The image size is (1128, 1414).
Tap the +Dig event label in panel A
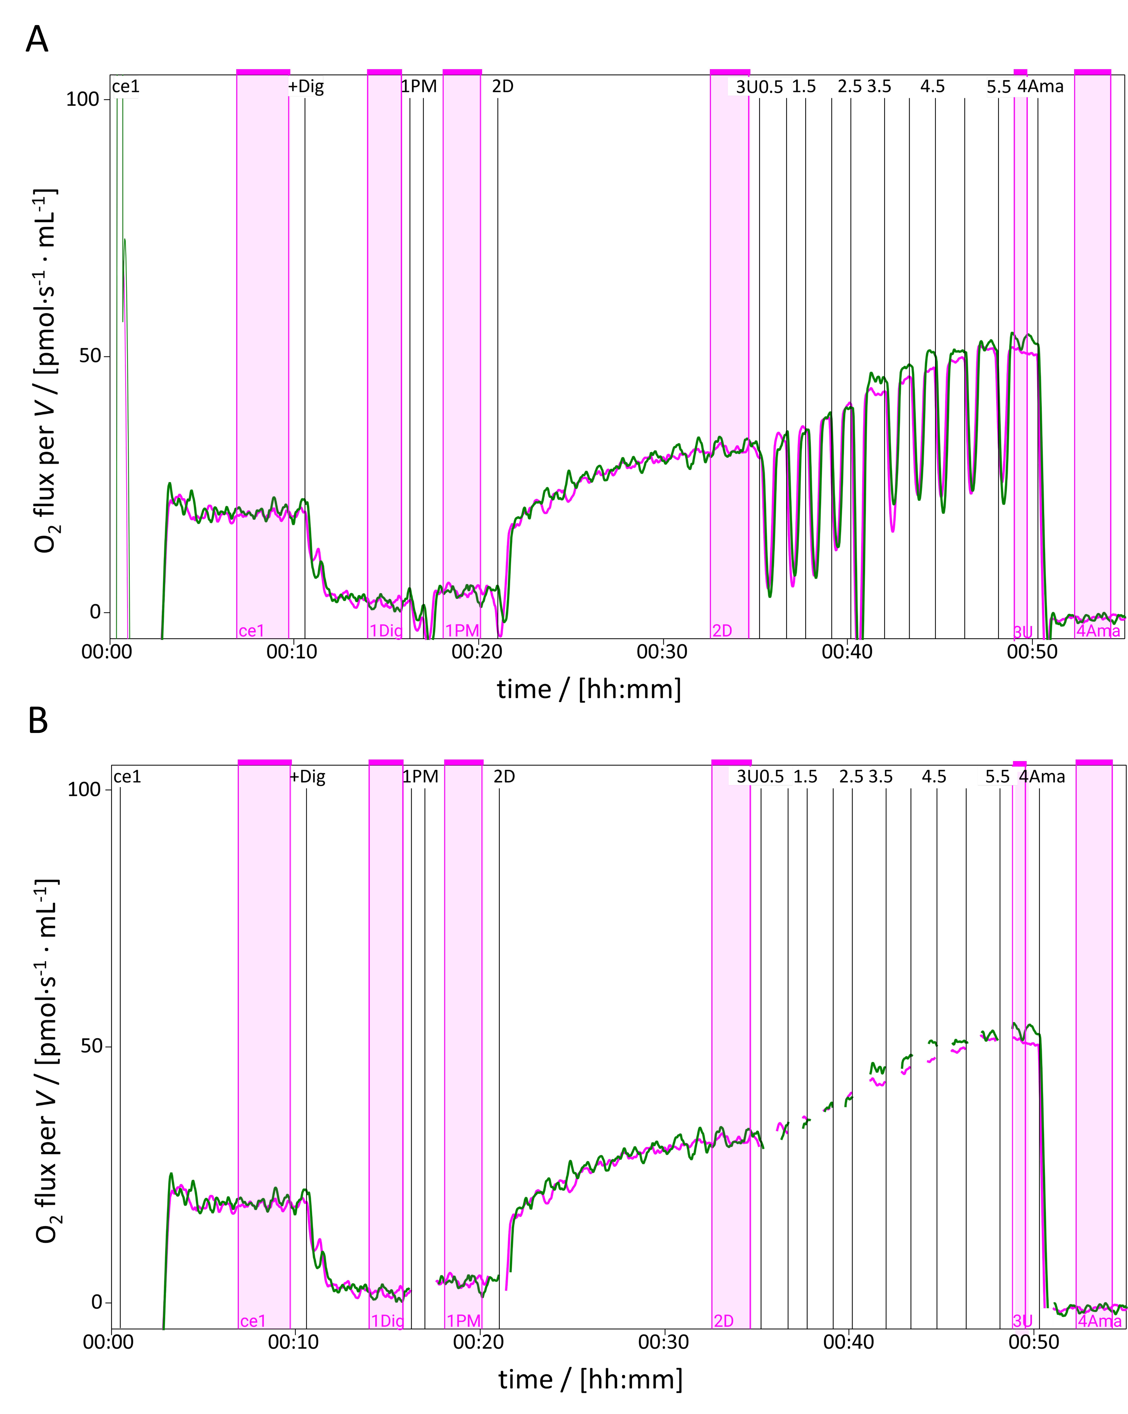pyautogui.click(x=306, y=87)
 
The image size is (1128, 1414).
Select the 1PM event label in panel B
pyautogui.click(x=420, y=777)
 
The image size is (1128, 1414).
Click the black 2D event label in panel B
pyautogui.click(x=504, y=777)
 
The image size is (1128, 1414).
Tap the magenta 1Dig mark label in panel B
pyautogui.click(x=387, y=1321)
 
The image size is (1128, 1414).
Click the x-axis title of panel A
pyautogui.click(x=589, y=689)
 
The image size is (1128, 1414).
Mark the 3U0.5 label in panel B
pyautogui.click(x=760, y=777)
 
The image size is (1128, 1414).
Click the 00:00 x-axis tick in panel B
pyautogui.click(x=108, y=1342)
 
